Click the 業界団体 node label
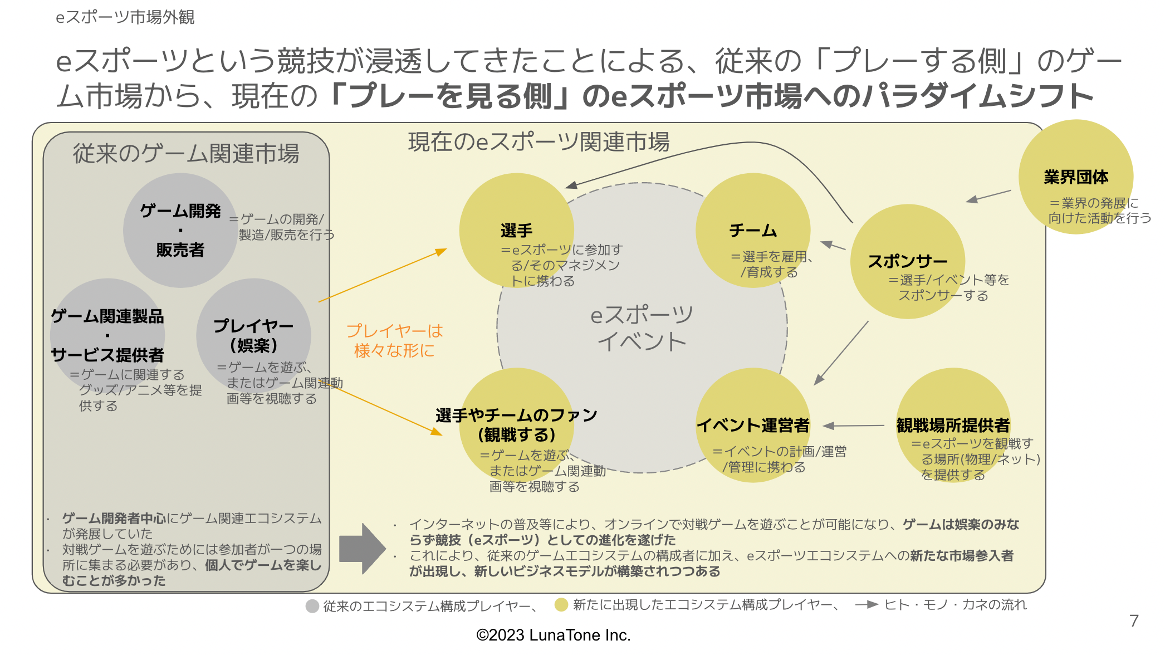[1075, 177]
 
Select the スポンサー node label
[907, 261]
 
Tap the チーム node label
[753, 231]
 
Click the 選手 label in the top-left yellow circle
[516, 231]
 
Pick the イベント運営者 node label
[753, 426]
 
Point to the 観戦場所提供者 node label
[953, 426]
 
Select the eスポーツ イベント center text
[642, 328]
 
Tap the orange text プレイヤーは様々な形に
[394, 340]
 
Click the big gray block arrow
[362, 549]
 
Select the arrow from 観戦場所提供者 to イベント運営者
[854, 426]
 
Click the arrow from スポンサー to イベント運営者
[841, 353]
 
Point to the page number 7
[1134, 620]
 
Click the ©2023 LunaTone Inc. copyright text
[553, 635]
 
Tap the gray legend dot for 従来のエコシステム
[312, 606]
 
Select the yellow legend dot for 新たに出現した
[561, 605]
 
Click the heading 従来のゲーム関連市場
[186, 154]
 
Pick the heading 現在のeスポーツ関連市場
[539, 142]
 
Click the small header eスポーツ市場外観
[125, 17]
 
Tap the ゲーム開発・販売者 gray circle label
[180, 230]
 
